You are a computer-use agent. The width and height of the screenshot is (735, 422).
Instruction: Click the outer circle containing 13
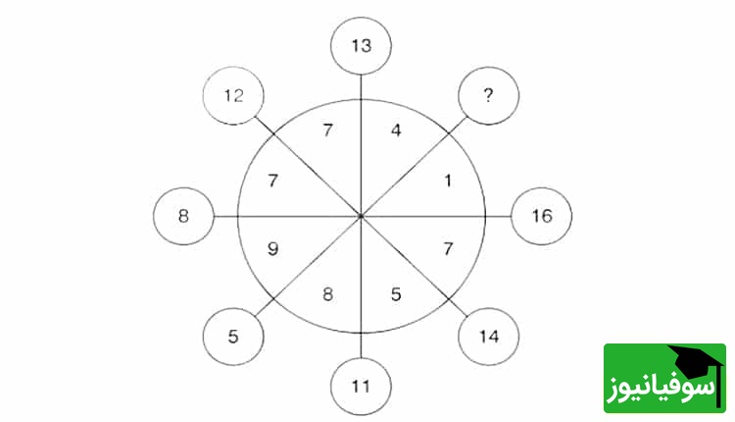[361, 46]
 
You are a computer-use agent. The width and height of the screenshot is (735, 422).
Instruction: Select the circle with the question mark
[488, 96]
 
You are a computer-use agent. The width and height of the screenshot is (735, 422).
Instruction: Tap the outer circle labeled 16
[541, 216]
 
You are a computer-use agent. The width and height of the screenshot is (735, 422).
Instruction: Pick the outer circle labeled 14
[488, 337]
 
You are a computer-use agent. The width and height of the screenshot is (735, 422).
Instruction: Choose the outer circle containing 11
[361, 387]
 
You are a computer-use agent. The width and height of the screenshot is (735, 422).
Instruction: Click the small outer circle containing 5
[233, 337]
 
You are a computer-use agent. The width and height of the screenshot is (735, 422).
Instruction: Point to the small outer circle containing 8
[184, 216]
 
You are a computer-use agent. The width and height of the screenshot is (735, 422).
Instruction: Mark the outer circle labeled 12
[233, 96]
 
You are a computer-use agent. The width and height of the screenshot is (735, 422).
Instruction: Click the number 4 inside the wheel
[396, 130]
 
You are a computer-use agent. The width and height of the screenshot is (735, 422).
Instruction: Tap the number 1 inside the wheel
[448, 181]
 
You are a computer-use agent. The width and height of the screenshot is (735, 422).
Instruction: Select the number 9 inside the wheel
[272, 248]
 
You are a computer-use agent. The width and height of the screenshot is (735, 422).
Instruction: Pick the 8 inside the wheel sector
[327, 294]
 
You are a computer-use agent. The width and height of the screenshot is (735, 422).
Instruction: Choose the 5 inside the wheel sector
[396, 294]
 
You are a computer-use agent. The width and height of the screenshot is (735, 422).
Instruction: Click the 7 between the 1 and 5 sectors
[448, 248]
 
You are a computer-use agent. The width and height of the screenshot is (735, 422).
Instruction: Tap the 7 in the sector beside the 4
[327, 130]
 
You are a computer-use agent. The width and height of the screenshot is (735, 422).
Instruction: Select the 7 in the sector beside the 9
[272, 181]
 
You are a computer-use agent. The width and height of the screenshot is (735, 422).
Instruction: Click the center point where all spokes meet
[361, 217]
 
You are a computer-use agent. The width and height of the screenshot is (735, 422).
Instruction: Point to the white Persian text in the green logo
[661, 387]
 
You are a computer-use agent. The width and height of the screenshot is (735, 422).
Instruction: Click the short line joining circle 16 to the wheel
[498, 217]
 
